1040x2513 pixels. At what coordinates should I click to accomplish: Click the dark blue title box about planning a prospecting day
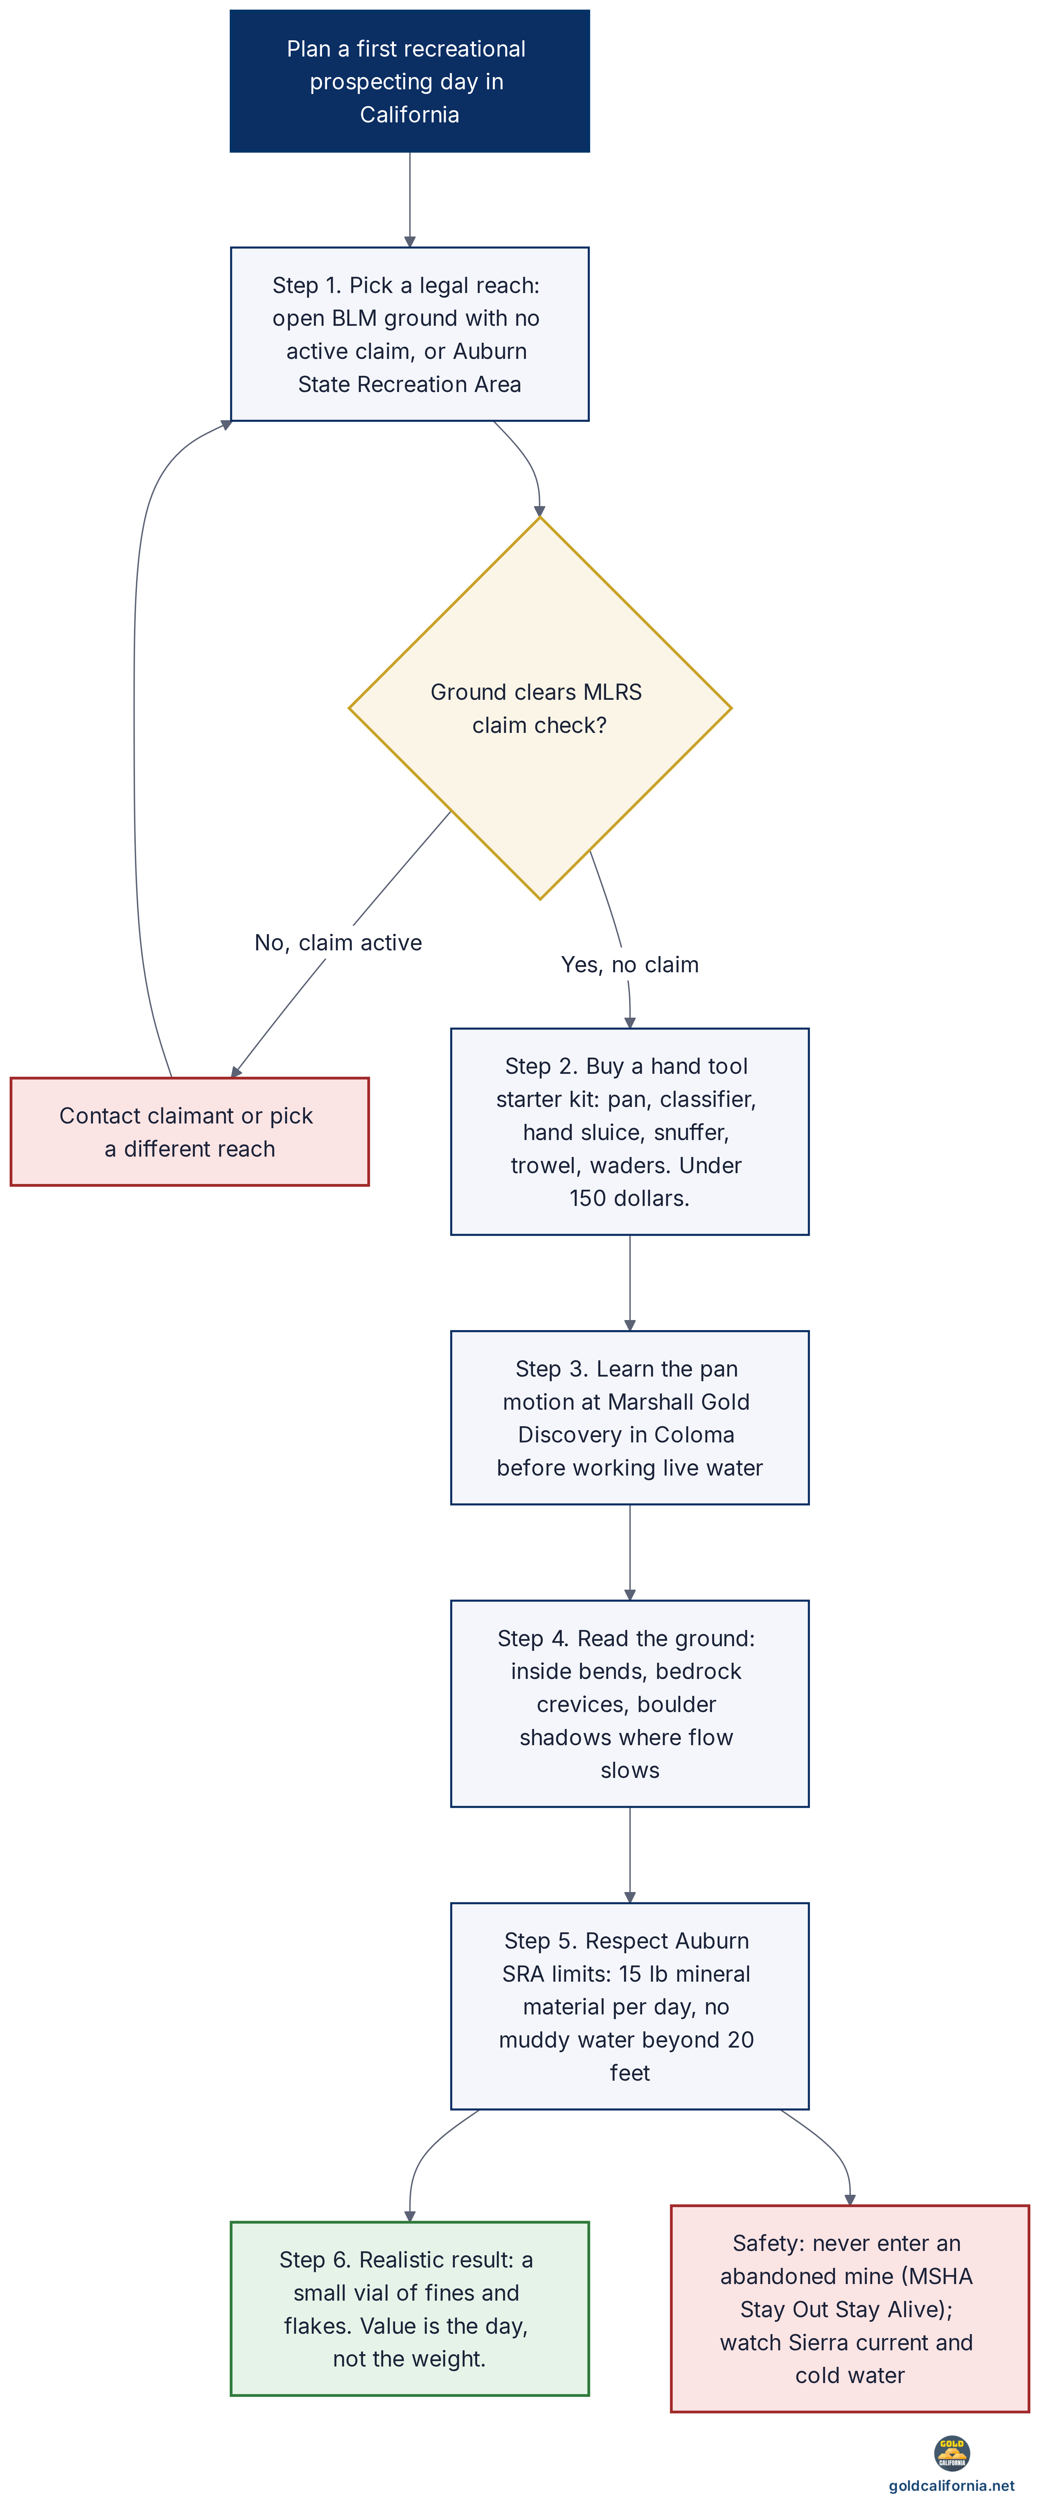410,81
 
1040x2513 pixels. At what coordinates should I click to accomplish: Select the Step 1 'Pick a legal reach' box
410,334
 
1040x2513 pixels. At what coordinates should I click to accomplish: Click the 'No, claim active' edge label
339,942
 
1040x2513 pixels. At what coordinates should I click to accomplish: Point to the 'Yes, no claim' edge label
629,965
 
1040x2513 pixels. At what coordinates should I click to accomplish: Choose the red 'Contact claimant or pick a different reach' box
189,1132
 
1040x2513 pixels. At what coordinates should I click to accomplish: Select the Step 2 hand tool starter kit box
629,1132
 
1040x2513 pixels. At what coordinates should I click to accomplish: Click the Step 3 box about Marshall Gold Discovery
629,1418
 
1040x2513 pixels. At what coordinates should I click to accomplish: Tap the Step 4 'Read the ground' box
629,1703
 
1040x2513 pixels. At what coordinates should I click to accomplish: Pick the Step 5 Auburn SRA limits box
629,2006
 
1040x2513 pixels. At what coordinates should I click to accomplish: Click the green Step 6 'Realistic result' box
410,2308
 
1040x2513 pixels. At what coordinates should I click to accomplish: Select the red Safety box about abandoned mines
850,2308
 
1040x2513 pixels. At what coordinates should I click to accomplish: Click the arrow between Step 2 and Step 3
629,1283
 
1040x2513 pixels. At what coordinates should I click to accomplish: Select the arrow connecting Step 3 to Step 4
629,1552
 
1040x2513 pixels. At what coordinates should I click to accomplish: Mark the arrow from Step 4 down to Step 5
629,1855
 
